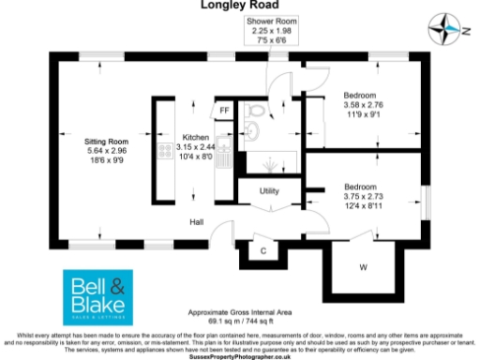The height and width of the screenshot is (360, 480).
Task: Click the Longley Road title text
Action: [239, 5]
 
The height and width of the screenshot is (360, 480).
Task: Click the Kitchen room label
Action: [196, 137]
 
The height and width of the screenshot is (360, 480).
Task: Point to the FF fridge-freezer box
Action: [224, 111]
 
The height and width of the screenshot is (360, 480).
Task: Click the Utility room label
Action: [270, 190]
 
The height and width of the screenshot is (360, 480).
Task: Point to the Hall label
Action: [197, 222]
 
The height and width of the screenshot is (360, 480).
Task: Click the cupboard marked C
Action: [263, 249]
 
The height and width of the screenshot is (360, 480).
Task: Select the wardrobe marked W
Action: [363, 265]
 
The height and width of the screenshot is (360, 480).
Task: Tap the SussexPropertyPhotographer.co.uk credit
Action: [240, 356]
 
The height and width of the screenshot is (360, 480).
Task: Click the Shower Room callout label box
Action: [271, 30]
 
